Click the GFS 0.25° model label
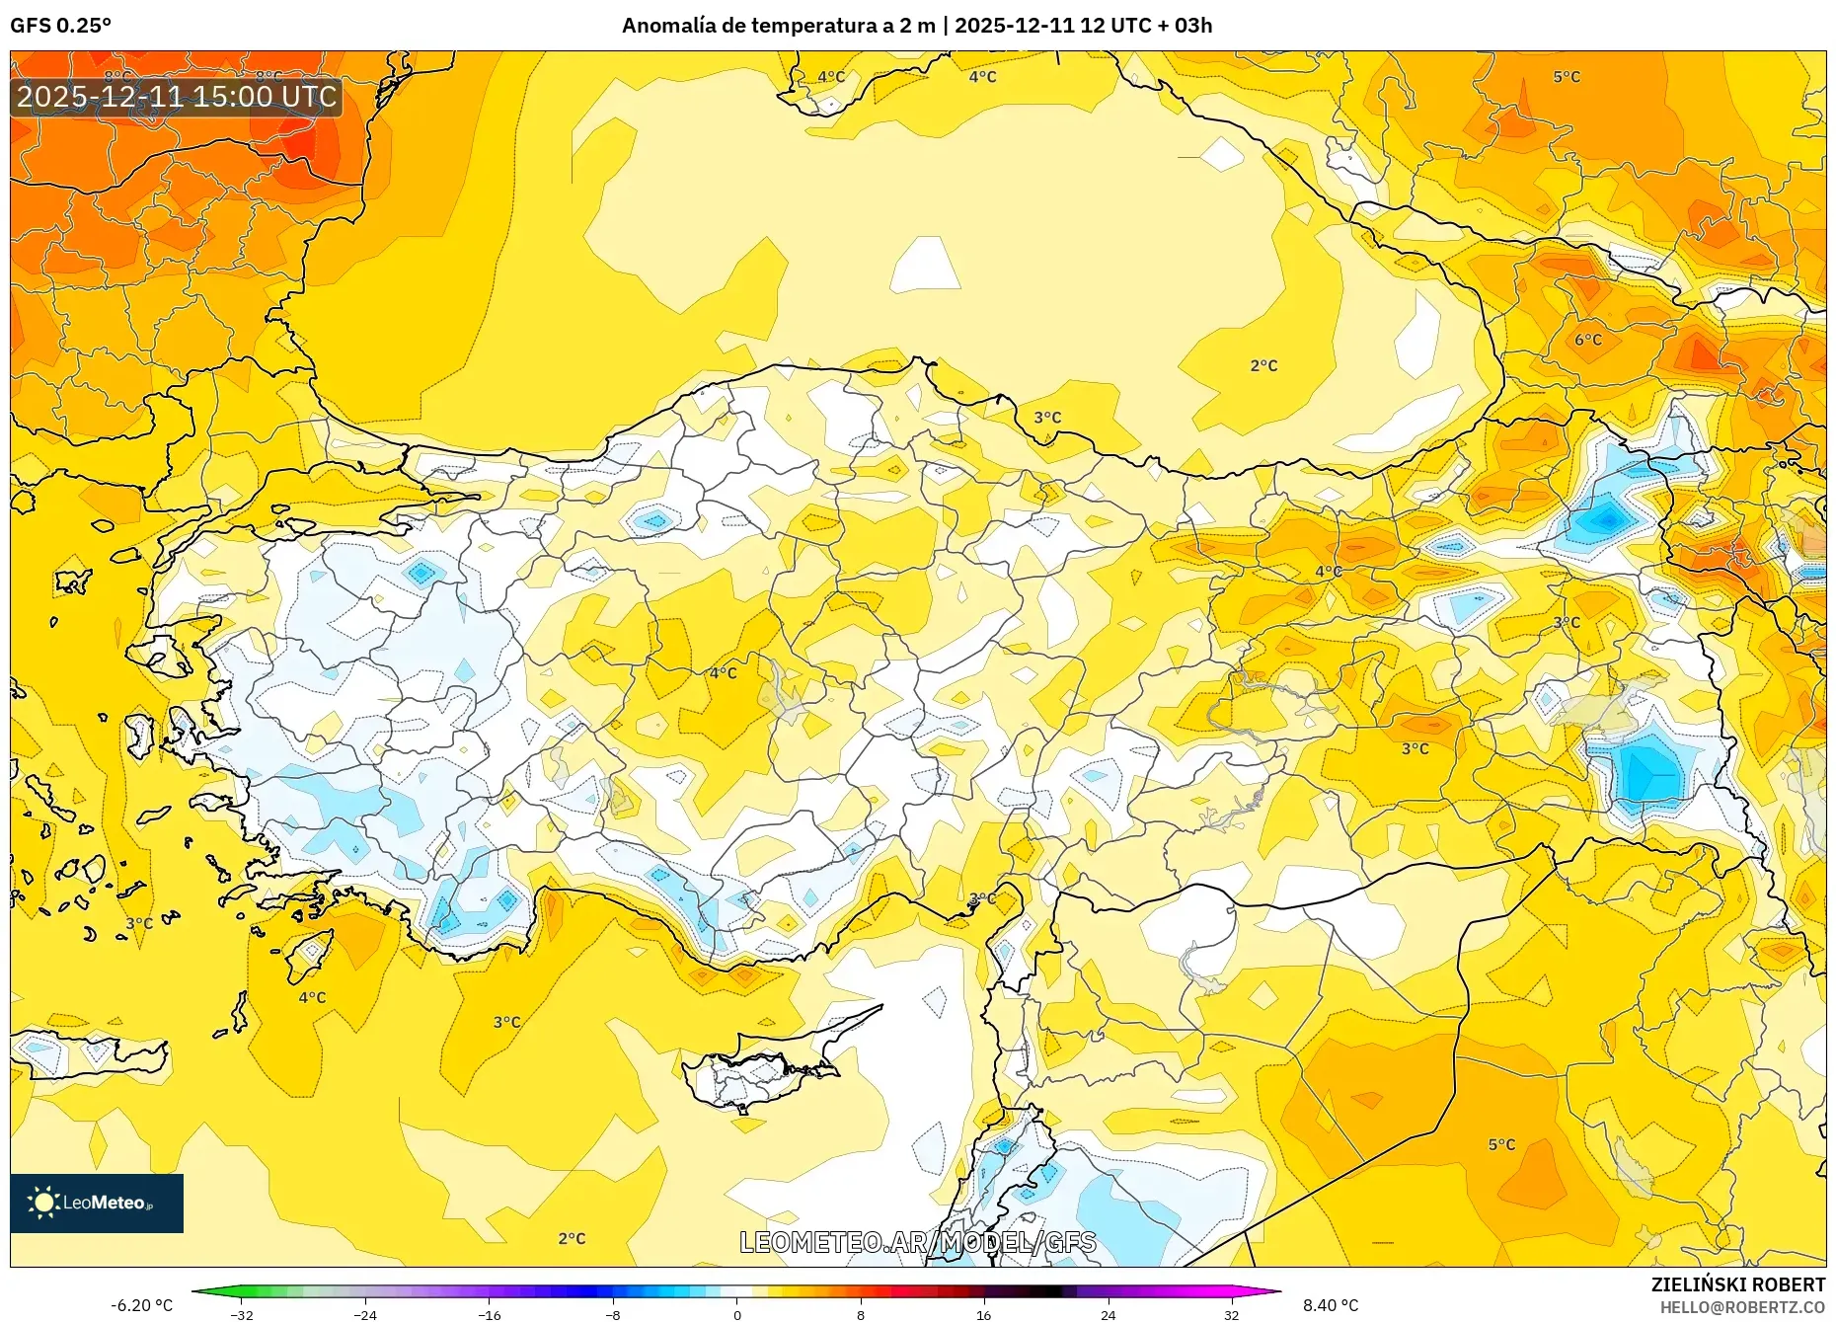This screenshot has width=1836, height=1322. [60, 26]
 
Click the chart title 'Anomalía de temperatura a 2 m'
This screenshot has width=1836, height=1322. [778, 26]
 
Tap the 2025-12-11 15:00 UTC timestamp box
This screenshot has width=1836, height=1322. [177, 97]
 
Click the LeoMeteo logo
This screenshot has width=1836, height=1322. [97, 1203]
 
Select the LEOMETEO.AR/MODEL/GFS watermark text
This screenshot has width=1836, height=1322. [917, 1242]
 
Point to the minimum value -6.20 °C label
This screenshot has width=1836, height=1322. [141, 1305]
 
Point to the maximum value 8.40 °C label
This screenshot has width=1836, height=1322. [1330, 1305]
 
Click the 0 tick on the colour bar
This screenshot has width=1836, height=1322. [736, 1314]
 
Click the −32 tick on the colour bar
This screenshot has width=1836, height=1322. [242, 1314]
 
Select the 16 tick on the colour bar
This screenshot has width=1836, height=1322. [983, 1314]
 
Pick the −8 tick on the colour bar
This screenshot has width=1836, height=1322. [613, 1314]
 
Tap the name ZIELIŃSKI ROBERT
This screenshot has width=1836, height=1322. [1737, 1284]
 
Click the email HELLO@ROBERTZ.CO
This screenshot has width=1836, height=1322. [1741, 1307]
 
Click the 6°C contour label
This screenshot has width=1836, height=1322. [1587, 340]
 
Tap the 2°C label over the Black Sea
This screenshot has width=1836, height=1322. [1263, 365]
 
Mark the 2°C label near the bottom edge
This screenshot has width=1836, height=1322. [572, 1238]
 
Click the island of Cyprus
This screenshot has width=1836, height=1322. [760, 1071]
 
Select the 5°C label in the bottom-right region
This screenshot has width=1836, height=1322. [1501, 1144]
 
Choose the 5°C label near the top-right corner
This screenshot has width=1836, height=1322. [1567, 76]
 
